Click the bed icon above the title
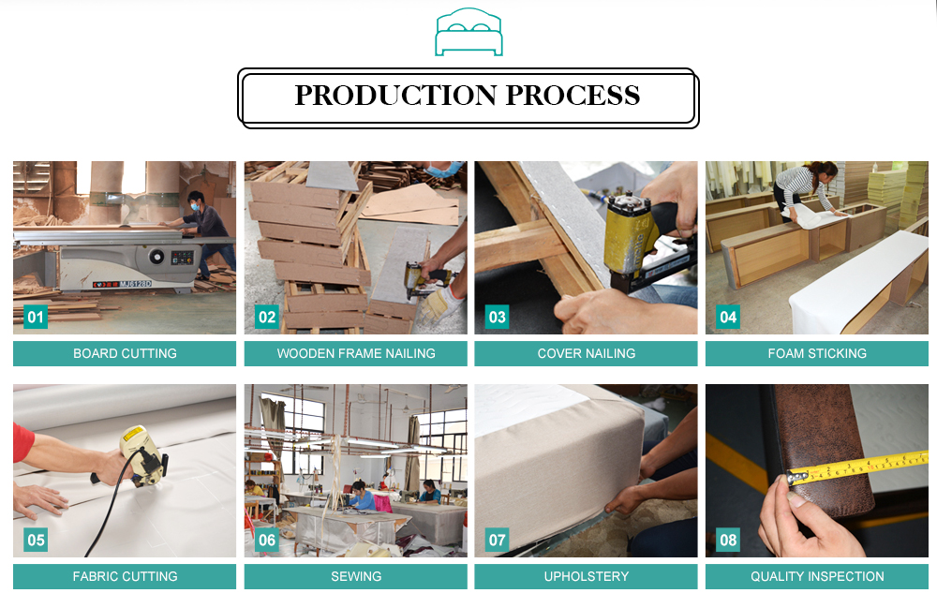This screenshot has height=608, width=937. tap(468, 32)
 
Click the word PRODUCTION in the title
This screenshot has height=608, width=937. tap(395, 96)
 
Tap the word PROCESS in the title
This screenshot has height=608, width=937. tap(573, 96)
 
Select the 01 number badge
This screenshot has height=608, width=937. tap(36, 317)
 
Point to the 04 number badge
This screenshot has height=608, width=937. tap(728, 317)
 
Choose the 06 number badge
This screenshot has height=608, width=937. tap(266, 540)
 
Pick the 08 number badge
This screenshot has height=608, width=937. tap(728, 540)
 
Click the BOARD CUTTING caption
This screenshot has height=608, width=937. tap(125, 353)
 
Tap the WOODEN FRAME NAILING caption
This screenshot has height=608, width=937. tap(356, 353)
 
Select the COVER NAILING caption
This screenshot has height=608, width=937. tap(587, 353)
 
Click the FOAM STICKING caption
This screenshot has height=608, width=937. tap(817, 353)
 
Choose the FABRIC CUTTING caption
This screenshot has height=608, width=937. tap(125, 576)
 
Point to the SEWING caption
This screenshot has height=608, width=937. tap(356, 576)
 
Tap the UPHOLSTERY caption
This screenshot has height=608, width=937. tap(587, 576)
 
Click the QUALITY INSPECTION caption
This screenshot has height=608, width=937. tap(817, 576)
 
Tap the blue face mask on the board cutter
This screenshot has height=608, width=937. tap(194, 206)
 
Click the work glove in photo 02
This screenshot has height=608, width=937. tap(439, 304)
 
